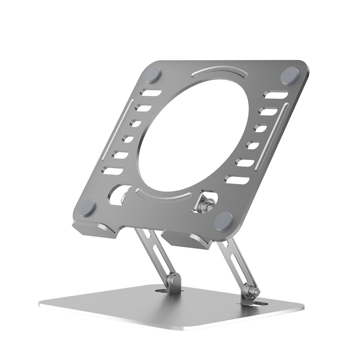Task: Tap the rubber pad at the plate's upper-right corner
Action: [x=289, y=74]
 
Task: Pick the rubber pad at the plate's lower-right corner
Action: [x=224, y=220]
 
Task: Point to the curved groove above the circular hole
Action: [x=219, y=72]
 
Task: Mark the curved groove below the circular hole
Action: [x=165, y=195]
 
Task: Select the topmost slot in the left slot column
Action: [x=152, y=94]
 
